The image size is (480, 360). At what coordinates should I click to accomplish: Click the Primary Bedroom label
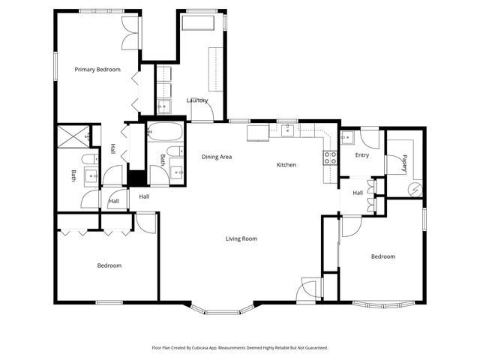click(97, 70)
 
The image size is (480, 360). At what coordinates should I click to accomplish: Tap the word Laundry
click(197, 100)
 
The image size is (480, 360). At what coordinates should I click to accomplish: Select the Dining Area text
click(216, 157)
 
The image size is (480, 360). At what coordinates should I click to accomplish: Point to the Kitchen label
click(286, 165)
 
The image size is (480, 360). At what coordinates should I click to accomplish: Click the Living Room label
click(241, 239)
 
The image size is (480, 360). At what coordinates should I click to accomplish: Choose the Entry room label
click(361, 155)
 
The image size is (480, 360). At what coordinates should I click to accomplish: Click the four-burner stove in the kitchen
click(330, 157)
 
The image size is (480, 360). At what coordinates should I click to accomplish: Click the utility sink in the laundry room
click(163, 106)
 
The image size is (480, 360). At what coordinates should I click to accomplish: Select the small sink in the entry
click(346, 138)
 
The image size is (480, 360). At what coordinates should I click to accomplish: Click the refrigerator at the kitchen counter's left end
click(258, 133)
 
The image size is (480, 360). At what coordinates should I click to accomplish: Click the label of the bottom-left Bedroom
click(109, 265)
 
